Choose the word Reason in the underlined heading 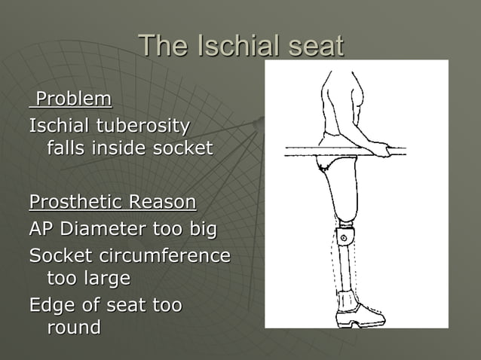tap(163, 203)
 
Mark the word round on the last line tap(74, 329)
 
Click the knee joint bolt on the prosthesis tap(345, 239)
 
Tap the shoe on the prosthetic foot tap(357, 310)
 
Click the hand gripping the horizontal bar tap(381, 151)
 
